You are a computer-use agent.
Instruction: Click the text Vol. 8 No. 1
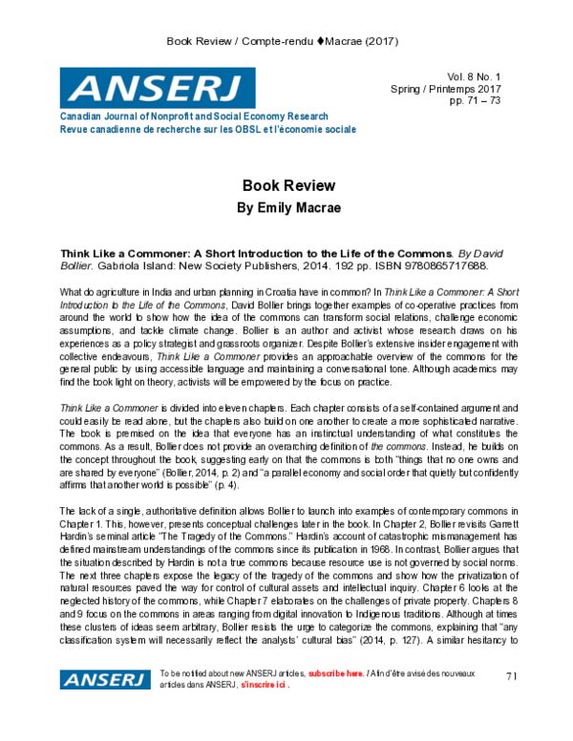482,76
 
